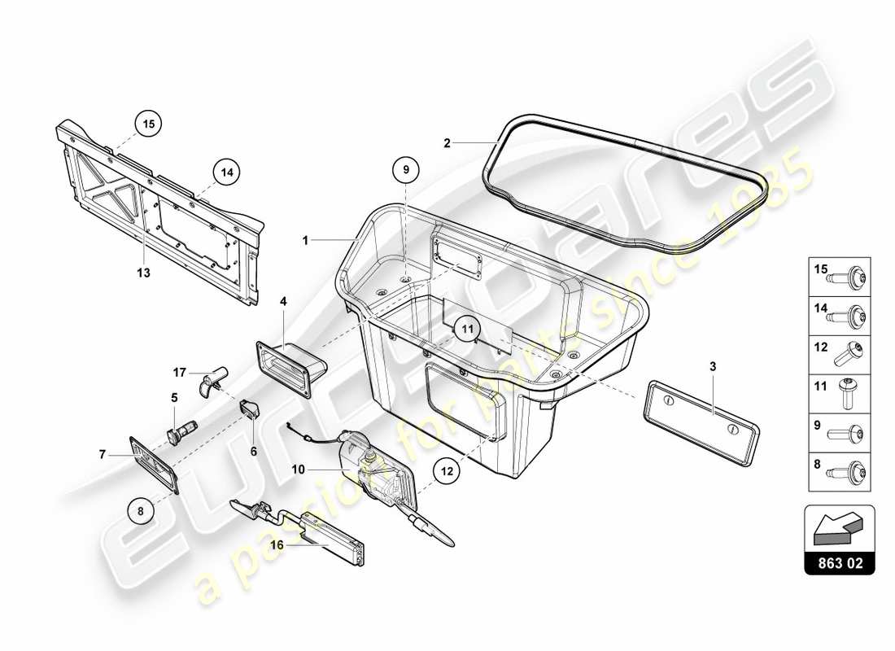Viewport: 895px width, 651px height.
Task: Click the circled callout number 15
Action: (x=148, y=125)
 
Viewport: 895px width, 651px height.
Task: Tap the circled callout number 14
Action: (x=227, y=172)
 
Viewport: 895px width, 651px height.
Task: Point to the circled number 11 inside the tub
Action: (x=466, y=329)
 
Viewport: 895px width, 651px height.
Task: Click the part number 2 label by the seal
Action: (x=447, y=143)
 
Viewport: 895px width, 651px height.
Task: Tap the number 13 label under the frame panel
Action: (x=144, y=273)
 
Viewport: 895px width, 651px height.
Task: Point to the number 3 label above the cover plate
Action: (x=712, y=367)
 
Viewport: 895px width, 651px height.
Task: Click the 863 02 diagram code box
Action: (x=840, y=561)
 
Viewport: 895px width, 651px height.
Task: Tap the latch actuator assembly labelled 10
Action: (x=374, y=470)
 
